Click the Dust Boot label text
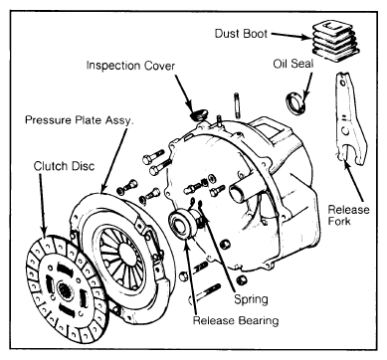241,34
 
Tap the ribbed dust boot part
335,40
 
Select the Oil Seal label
293,64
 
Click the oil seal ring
296,102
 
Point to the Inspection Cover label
130,66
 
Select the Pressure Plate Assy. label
79,119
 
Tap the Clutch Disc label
64,166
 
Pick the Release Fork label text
348,215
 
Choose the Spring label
251,299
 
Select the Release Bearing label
236,320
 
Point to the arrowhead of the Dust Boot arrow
307,37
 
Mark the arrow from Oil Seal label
308,86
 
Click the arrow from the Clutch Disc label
42,206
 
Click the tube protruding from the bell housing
244,191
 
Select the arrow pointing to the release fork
355,181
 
